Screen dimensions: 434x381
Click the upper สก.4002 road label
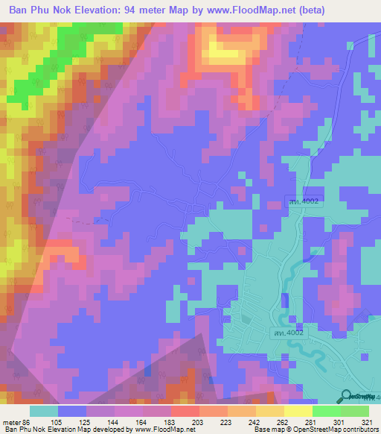tap(305, 201)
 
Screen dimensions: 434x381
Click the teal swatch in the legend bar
tap(44, 411)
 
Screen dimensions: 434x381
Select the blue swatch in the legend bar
tap(72, 411)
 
